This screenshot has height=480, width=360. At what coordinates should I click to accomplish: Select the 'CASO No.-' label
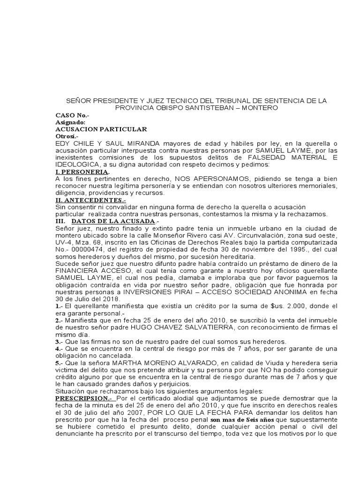[x=72, y=115]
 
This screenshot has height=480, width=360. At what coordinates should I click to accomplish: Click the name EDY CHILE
[x=75, y=143]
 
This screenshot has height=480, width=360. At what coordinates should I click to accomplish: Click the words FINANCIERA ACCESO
[x=90, y=270]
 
